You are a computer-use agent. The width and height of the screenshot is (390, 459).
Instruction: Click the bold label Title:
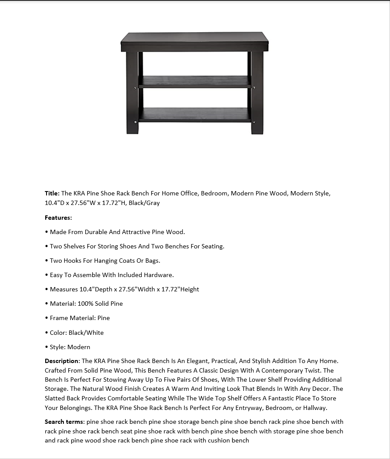tap(52, 193)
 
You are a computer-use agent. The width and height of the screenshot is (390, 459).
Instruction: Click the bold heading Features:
tap(58, 218)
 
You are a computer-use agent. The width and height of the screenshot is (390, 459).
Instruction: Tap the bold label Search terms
tap(64, 422)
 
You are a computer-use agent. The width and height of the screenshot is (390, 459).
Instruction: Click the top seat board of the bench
tap(194, 42)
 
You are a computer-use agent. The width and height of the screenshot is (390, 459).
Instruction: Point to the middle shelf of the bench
tap(194, 82)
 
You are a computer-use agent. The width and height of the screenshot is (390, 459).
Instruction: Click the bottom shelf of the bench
tap(194, 115)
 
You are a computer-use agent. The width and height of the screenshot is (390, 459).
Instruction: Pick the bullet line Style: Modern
tap(70, 347)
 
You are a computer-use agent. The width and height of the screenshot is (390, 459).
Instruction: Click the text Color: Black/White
tap(77, 333)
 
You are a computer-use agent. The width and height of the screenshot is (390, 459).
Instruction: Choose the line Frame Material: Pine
tap(80, 318)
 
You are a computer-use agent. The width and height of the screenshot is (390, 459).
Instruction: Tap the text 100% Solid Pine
tap(100, 304)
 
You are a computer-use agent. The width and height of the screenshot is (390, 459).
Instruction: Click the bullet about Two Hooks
tap(105, 261)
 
